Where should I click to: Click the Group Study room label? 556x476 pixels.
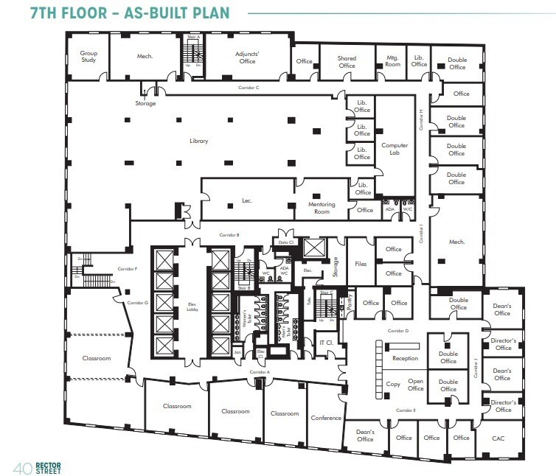(x=88, y=56)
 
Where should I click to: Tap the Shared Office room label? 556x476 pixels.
(x=347, y=62)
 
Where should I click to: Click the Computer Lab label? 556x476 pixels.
(x=395, y=150)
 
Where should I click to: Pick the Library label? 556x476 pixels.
(x=198, y=141)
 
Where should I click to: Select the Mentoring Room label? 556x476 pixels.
(x=322, y=208)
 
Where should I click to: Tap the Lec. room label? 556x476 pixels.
(x=247, y=200)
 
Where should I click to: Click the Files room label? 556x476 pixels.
(x=361, y=263)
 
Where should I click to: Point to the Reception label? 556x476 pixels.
(x=405, y=358)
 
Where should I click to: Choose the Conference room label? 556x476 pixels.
(x=326, y=418)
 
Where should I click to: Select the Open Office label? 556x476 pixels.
(x=416, y=385)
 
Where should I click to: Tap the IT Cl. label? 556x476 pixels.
(x=327, y=343)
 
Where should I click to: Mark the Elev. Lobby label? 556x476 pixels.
(x=193, y=309)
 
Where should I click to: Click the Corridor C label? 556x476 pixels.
(x=249, y=88)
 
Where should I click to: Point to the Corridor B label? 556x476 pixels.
(x=229, y=234)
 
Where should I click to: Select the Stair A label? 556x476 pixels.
(x=193, y=37)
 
